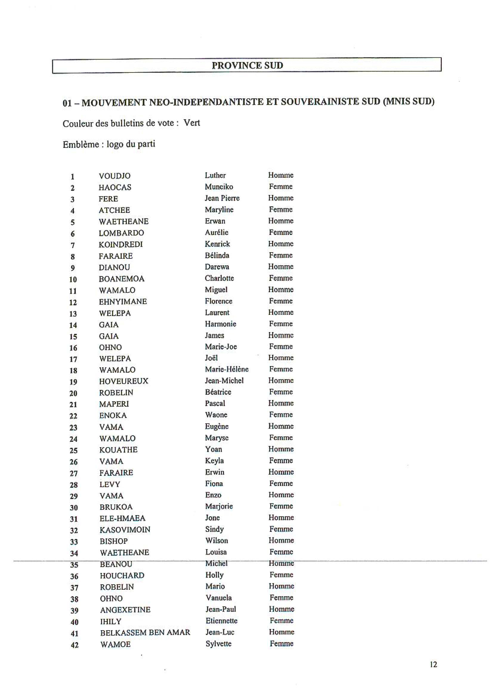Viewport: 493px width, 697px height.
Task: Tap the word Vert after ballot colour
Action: pos(192,123)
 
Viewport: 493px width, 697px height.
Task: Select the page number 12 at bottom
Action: pos(433,665)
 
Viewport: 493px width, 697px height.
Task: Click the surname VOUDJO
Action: pos(115,176)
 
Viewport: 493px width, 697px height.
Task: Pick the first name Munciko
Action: pos(219,187)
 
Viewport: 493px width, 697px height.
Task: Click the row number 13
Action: pos(73,314)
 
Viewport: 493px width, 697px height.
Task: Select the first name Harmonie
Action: pos(220,324)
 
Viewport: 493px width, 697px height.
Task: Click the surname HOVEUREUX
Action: pos(124,381)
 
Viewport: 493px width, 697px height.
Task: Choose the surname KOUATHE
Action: pos(118,450)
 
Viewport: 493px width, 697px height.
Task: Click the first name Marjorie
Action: pos(219,506)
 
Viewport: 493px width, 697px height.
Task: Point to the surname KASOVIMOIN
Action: pos(125,530)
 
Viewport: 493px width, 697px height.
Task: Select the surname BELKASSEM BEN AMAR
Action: pos(145,633)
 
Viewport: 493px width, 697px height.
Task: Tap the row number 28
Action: pos(74,485)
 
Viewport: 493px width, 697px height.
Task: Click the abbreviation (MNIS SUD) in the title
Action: pos(409,101)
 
